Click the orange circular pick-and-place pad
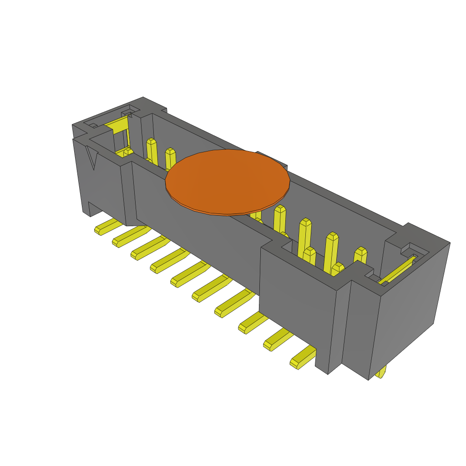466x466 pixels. (x=228, y=182)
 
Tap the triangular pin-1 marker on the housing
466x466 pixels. (x=92, y=157)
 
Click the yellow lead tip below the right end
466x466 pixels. (x=381, y=372)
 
